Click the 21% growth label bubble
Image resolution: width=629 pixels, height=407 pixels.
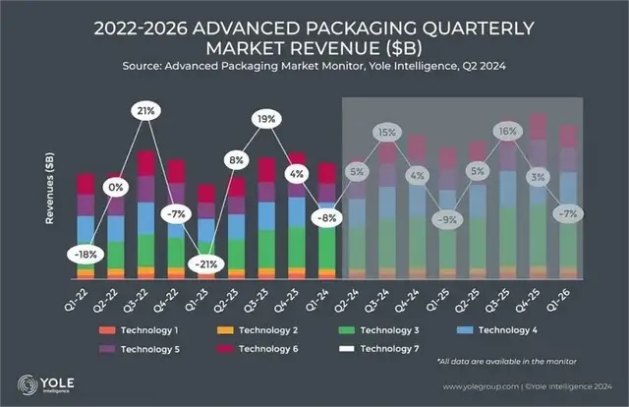coord(146,111)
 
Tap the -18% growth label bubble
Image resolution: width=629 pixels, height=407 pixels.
coord(86,254)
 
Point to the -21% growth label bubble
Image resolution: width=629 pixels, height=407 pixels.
coord(206,264)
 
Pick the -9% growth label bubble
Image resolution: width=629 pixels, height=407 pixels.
coord(448,220)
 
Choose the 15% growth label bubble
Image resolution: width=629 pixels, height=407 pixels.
coord(387,132)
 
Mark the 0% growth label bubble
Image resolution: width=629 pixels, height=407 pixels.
coord(117,187)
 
